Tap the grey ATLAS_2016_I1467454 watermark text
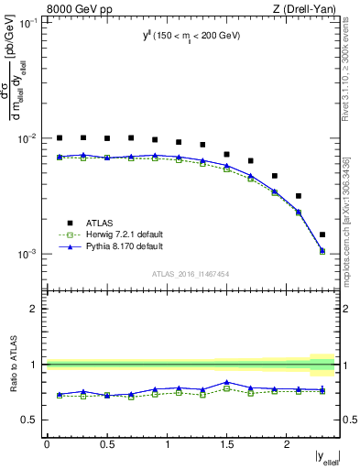tap(191, 273)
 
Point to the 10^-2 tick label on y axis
tap(30, 138)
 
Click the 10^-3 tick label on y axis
tap(30, 254)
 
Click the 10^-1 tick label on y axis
tap(30, 23)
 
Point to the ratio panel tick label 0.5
tap(32, 420)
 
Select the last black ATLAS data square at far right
tap(322, 234)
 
